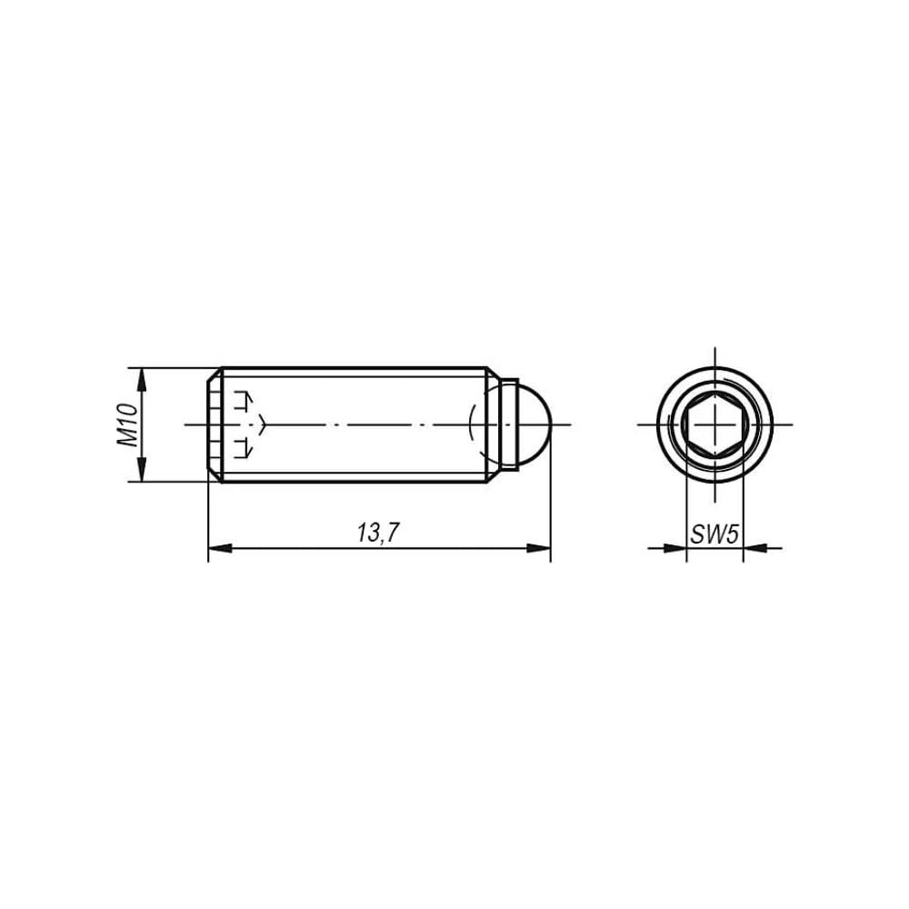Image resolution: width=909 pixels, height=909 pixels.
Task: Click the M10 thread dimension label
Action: point(129,425)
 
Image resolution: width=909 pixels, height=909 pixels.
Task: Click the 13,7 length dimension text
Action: point(378,533)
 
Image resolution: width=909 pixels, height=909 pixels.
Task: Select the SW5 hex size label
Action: point(714,534)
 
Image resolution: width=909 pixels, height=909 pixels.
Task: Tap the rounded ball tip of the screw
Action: point(535,425)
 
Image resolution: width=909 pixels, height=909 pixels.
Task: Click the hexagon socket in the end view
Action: point(714,425)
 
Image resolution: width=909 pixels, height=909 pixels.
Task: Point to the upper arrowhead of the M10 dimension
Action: point(141,380)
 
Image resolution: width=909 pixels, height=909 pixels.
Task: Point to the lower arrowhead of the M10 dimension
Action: point(141,469)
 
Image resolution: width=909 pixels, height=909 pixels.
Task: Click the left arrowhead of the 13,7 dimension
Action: point(220,548)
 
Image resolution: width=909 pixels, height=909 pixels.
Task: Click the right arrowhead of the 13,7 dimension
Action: point(538,548)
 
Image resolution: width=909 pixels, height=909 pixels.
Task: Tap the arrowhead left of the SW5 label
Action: point(674,547)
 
